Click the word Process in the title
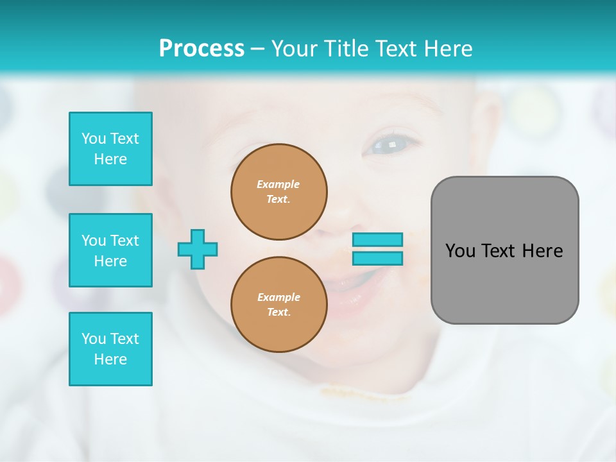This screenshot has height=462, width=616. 201,49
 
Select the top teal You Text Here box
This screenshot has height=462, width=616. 110,149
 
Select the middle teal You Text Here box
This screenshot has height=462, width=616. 110,250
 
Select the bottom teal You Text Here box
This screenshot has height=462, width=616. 110,349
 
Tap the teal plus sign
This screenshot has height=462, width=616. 198,249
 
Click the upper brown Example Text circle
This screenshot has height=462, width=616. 279,192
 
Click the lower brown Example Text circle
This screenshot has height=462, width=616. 279,305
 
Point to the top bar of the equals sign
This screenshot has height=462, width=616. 377,239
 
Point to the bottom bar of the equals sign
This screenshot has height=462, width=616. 377,259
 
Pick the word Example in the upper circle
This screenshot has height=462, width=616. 278,184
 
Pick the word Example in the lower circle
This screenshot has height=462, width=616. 278,297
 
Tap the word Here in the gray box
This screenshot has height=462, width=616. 543,251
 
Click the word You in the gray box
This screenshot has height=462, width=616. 461,251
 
